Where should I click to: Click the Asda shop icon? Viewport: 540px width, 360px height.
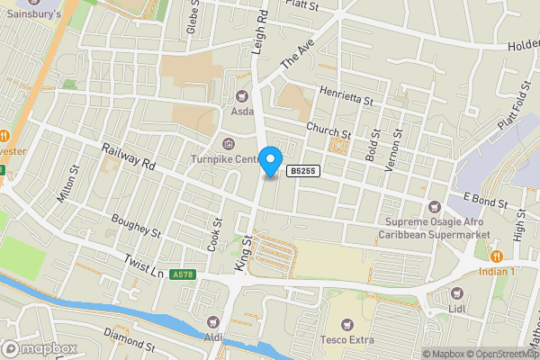[240, 95]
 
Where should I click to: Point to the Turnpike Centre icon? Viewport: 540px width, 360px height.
[227, 143]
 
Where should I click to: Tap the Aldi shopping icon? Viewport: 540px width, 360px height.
[213, 321]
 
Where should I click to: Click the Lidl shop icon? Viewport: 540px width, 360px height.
[455, 293]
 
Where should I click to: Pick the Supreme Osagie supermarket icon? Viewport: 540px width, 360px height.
[435, 207]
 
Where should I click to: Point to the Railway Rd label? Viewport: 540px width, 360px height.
[129, 160]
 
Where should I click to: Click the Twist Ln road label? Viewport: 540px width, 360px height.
[142, 262]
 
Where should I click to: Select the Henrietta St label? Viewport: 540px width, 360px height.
[346, 94]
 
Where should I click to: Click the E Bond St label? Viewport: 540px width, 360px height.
[486, 197]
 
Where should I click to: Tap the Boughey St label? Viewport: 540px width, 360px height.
[136, 225]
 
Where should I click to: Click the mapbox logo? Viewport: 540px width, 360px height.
[40, 348]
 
